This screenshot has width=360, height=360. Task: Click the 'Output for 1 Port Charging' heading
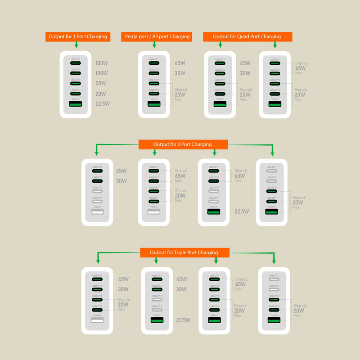coord(77,36)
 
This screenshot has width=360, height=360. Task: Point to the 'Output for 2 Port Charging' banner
coord(183,144)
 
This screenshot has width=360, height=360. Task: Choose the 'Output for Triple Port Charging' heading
coord(184,252)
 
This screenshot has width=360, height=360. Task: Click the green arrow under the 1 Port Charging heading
coord(76,45)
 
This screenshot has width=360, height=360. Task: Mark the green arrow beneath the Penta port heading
coord(154,45)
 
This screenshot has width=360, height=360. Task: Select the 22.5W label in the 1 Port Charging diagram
coord(103,103)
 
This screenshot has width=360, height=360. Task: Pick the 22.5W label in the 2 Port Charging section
coord(241,211)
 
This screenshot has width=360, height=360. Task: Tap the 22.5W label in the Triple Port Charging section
coord(183,320)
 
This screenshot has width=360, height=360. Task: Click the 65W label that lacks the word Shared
coord(121,171)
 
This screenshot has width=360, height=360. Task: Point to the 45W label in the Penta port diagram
coord(180,63)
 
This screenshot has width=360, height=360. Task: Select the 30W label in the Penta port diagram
coord(180,73)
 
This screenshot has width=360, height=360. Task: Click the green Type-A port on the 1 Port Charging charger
coord(76,104)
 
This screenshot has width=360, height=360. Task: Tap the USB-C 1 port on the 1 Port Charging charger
coord(76,63)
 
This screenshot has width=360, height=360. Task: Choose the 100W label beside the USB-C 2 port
coord(101,73)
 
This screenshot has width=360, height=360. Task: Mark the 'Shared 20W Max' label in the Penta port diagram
coord(180,94)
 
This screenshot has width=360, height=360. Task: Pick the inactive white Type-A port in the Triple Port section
coord(97,320)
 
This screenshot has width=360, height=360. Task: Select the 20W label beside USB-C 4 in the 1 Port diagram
coord(101,94)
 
